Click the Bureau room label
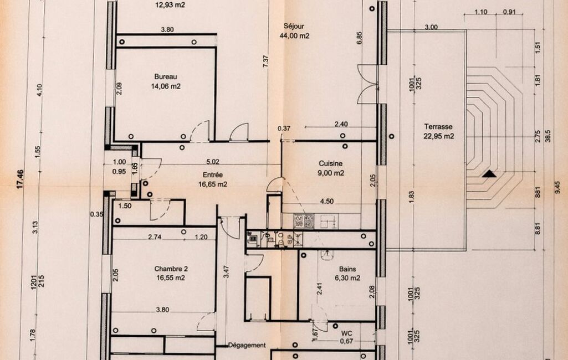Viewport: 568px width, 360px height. point(166,77)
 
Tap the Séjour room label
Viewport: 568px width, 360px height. point(294,27)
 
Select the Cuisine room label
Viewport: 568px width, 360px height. point(330,164)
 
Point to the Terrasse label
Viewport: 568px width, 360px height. point(438,127)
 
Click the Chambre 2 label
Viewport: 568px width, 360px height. point(171,269)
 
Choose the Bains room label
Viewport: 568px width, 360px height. point(347,269)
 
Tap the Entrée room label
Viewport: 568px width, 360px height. point(213,175)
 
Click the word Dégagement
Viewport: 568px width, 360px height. point(247,345)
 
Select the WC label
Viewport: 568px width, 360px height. point(346,333)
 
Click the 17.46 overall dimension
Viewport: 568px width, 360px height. point(20,179)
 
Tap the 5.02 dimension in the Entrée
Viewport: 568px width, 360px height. point(213,162)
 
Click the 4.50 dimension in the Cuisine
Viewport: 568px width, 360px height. point(327,202)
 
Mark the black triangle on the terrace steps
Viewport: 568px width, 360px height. point(489,174)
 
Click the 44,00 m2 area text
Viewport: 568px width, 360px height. point(294,36)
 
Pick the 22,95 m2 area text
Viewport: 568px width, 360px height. point(439,136)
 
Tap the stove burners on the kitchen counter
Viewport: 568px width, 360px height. point(304,221)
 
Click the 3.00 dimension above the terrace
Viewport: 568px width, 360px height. point(431,27)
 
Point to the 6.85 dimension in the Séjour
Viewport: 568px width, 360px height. point(359,38)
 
